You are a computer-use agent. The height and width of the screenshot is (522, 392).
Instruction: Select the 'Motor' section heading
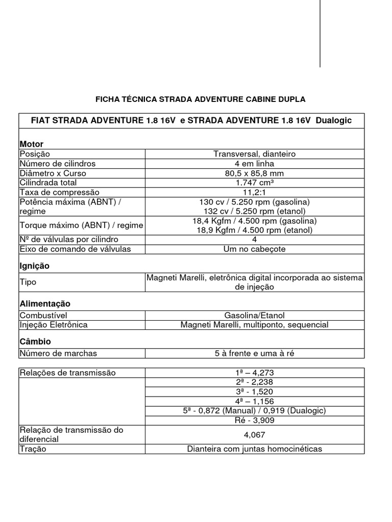click(x=31, y=144)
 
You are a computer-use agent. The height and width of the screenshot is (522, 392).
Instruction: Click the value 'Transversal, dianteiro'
click(x=255, y=154)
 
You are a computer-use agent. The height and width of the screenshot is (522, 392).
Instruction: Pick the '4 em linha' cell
click(x=255, y=164)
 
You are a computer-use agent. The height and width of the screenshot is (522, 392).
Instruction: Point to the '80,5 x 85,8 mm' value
click(x=255, y=173)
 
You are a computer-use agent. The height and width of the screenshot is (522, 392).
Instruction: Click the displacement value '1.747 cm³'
click(x=255, y=182)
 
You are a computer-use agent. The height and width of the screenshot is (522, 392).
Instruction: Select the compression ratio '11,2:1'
click(x=255, y=192)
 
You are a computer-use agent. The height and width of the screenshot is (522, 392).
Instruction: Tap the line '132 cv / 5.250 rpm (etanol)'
click(x=255, y=211)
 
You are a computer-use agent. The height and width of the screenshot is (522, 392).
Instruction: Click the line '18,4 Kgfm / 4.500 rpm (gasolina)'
click(x=255, y=221)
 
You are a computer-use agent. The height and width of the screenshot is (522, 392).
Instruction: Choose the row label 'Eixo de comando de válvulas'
click(x=75, y=249)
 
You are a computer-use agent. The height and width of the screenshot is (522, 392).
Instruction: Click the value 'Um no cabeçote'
click(x=255, y=249)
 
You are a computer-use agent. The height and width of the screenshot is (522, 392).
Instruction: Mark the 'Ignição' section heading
click(x=34, y=266)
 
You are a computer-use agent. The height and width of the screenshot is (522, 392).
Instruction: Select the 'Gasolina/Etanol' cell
click(x=255, y=316)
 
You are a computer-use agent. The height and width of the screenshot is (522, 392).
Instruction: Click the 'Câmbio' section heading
click(x=35, y=342)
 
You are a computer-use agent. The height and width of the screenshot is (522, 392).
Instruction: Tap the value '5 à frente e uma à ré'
click(x=255, y=353)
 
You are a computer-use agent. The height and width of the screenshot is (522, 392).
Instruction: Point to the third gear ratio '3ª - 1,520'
click(x=255, y=391)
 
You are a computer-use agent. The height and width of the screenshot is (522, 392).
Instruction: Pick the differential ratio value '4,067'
click(x=255, y=435)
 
